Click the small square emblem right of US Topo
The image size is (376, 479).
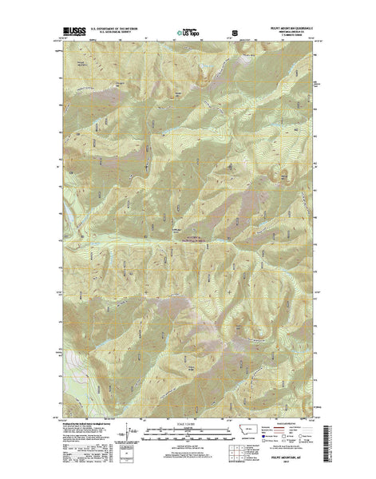(235, 34)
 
